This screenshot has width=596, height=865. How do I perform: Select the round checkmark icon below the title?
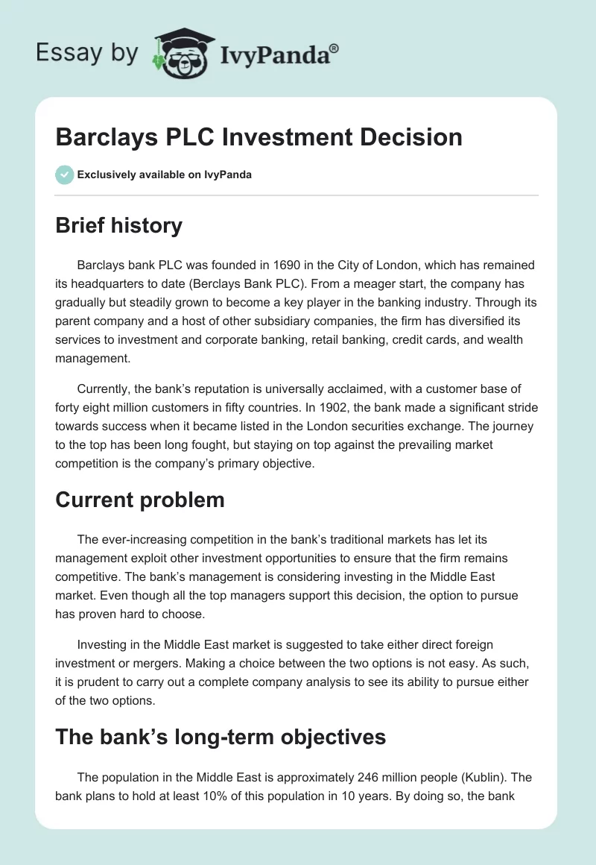(x=64, y=174)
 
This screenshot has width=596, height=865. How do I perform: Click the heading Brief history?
(x=118, y=225)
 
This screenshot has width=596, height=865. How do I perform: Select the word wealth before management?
(x=504, y=341)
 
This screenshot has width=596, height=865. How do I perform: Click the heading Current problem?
(x=140, y=500)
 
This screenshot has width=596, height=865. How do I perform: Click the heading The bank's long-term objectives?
(x=221, y=737)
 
